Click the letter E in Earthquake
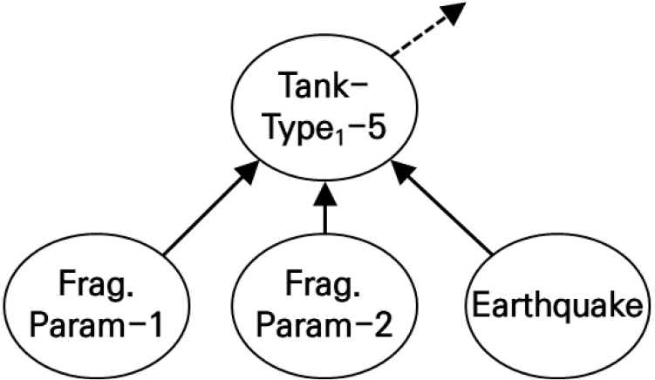[x=479, y=307]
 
